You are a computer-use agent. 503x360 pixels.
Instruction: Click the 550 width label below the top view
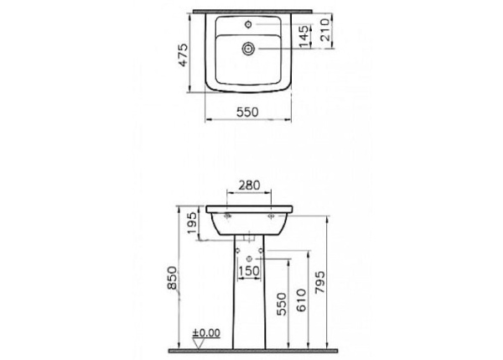[246, 111]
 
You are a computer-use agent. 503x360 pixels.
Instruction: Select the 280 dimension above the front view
[248, 185]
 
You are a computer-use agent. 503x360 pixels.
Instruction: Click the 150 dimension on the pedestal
[248, 271]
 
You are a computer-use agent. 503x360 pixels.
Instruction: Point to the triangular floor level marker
[198, 342]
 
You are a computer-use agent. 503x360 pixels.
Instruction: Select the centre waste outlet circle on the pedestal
[248, 259]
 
